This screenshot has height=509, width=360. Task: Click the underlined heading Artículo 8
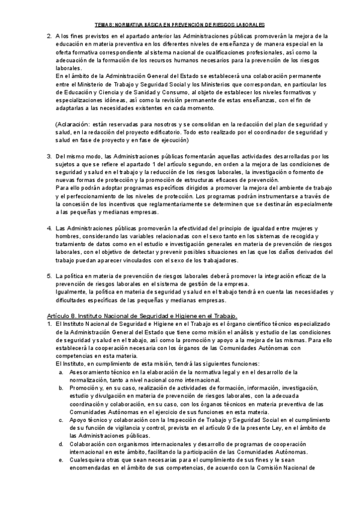pyautogui.click(x=142, y=315)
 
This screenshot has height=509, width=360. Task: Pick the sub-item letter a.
pyautogui.click(x=61, y=372)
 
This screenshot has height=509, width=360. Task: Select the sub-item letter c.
pyautogui.click(x=61, y=420)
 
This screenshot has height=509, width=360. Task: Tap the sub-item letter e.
pyautogui.click(x=61, y=460)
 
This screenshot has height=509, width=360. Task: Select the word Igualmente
pyautogui.click(x=71, y=292)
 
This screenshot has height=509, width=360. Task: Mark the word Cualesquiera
pyautogui.click(x=86, y=460)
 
